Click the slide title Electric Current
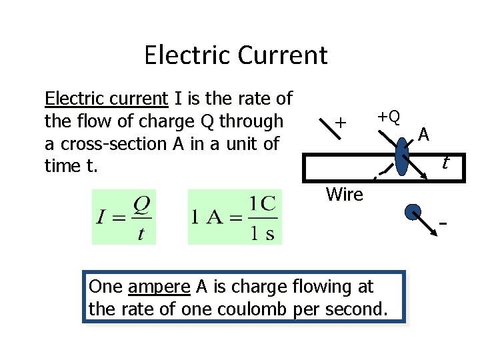235,55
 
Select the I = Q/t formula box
124,217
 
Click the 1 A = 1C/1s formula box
235,217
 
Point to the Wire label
344,195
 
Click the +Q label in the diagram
389,117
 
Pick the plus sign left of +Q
341,123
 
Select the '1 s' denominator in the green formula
263,233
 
